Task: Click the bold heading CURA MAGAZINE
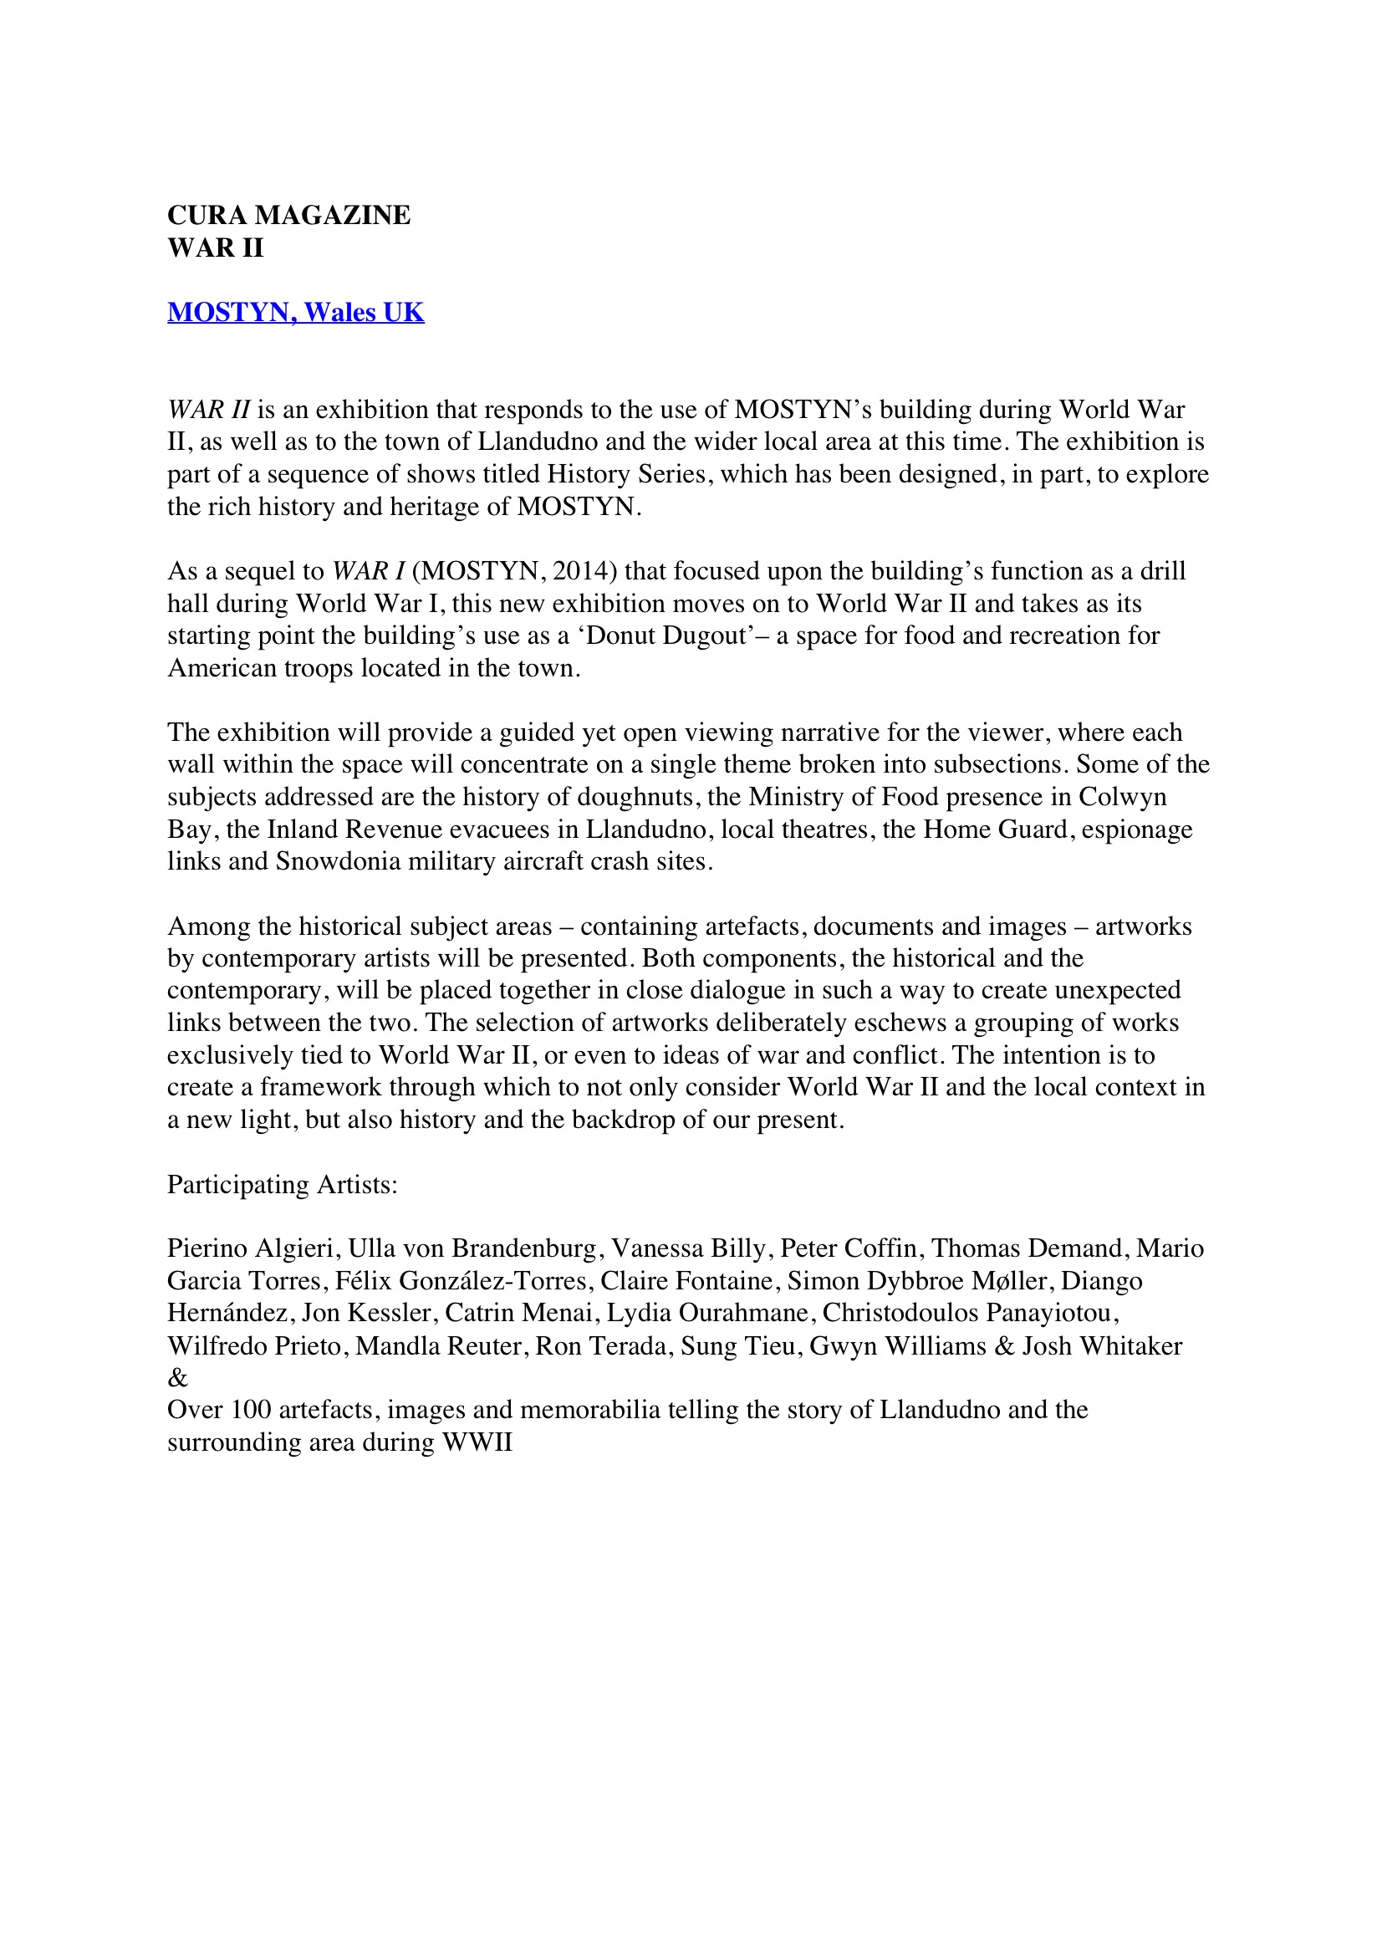[x=288, y=216]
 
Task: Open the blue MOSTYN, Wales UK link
[x=295, y=313]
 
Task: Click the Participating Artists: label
[x=283, y=1184]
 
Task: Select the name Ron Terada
[x=601, y=1345]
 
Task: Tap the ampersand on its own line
[x=177, y=1378]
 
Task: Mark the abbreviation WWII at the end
[x=477, y=1442]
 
